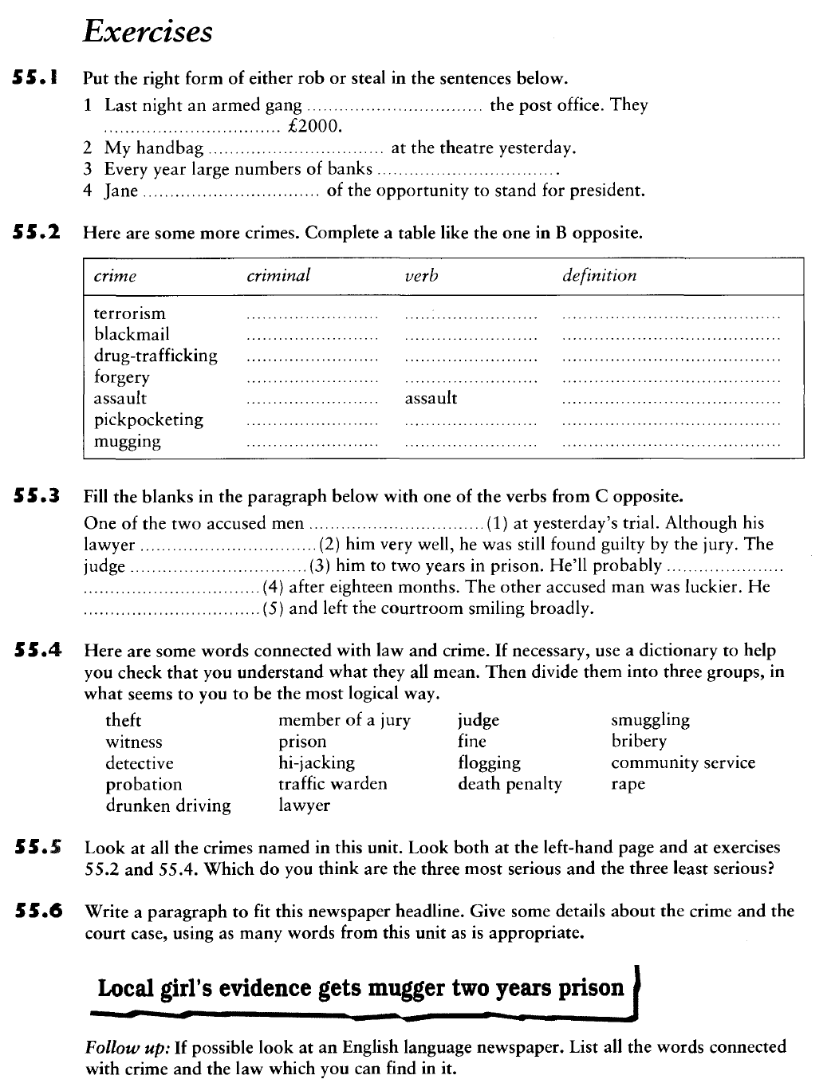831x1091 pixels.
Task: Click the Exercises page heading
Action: coord(148,32)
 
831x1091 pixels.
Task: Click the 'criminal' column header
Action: coord(278,276)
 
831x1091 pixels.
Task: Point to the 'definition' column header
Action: coord(599,276)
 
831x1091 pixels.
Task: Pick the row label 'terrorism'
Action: coord(130,313)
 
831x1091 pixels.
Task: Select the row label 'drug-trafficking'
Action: coord(156,356)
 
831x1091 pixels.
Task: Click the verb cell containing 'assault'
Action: coord(431,398)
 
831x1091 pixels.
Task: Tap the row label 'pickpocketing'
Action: coord(148,419)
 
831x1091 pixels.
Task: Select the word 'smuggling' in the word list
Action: coord(650,720)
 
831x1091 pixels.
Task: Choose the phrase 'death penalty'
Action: coord(510,784)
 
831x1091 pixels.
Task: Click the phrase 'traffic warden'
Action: coord(333,784)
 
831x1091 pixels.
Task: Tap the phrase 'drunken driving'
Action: coord(168,805)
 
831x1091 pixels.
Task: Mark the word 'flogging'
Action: coord(489,763)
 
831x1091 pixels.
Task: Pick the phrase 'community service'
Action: coord(683,763)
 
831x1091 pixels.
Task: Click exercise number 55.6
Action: coord(39,911)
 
